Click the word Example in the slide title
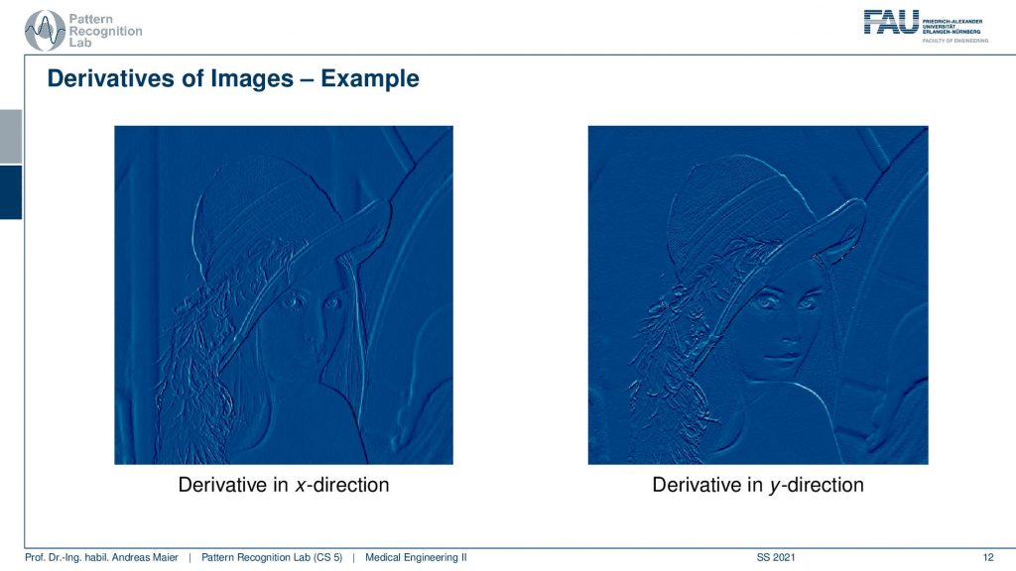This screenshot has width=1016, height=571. point(370,79)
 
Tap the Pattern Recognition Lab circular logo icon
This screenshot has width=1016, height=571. point(44,31)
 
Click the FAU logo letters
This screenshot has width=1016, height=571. point(892,22)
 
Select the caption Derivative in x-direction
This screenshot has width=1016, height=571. point(284,485)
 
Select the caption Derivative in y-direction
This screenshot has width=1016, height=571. point(758,485)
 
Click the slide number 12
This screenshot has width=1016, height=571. point(988,557)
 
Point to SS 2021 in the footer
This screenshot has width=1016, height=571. point(776,557)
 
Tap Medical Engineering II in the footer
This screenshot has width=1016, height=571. point(416,557)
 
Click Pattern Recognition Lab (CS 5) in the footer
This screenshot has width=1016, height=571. point(272,557)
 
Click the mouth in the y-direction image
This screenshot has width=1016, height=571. point(782,357)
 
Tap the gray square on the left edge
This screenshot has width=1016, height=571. point(11,137)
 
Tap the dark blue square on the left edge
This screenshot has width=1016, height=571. point(11,192)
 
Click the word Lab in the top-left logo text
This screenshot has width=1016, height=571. point(80,43)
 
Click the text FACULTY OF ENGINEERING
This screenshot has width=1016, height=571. point(955,41)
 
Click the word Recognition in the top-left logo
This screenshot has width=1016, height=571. point(105,31)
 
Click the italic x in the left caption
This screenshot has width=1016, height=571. point(300,486)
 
